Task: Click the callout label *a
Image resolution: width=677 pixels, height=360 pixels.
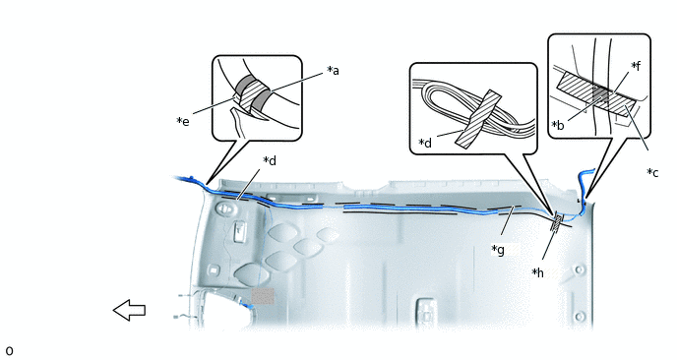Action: [333, 70]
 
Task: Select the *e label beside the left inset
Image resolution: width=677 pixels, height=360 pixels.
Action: [183, 121]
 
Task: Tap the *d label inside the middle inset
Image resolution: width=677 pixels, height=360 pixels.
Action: [425, 143]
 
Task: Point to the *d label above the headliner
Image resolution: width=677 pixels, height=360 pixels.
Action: [270, 160]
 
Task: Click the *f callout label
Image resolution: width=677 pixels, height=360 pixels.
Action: [636, 66]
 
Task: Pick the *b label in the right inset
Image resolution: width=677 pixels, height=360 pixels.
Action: [558, 125]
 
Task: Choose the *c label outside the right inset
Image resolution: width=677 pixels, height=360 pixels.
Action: [652, 173]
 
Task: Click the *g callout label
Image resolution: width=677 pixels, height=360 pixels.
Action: [498, 250]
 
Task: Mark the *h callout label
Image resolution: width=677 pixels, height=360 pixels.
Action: [537, 272]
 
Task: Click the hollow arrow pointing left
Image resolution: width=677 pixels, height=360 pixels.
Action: [129, 310]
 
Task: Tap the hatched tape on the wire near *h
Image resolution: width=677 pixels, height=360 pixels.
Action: [557, 222]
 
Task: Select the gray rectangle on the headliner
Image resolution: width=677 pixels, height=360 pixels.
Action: [263, 296]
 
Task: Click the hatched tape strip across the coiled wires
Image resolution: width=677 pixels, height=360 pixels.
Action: [478, 119]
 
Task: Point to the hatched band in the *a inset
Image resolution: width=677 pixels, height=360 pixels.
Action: [249, 96]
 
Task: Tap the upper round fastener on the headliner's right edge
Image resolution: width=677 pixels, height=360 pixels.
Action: [579, 270]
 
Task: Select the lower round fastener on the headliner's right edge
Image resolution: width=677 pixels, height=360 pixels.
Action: [580, 317]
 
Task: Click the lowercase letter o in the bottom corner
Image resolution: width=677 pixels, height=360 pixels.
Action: [9, 351]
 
